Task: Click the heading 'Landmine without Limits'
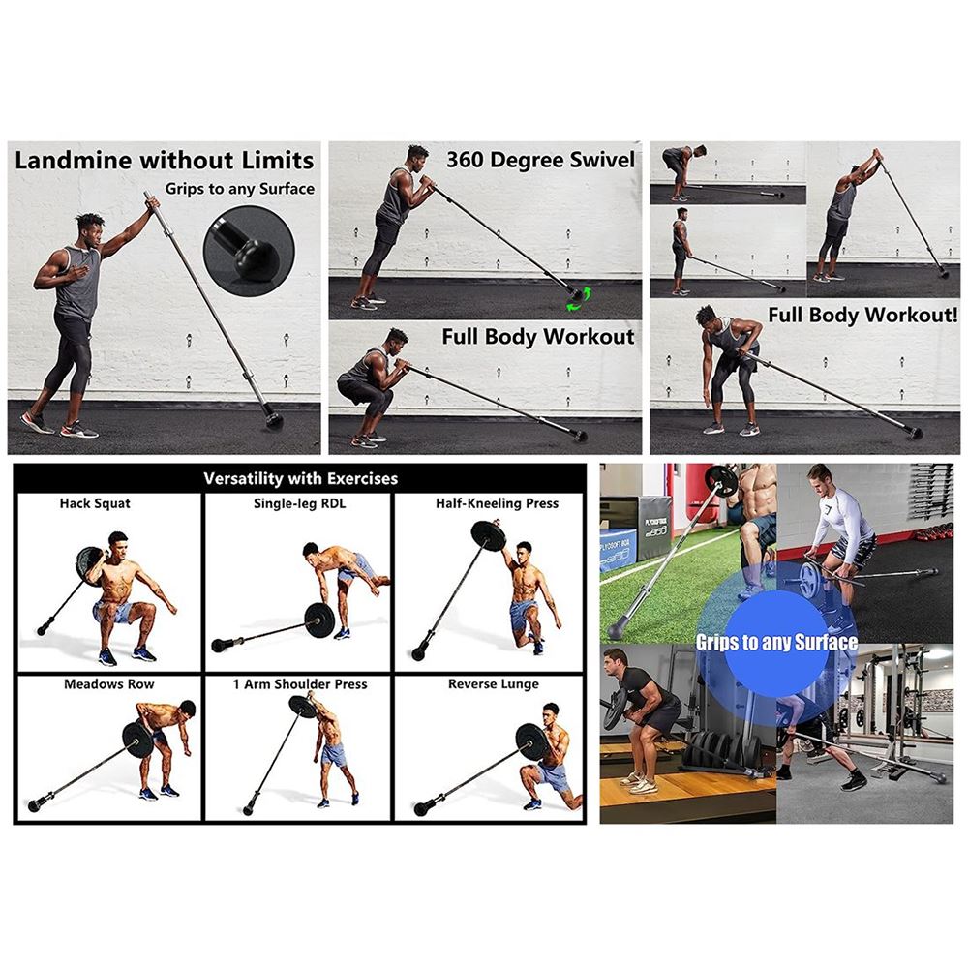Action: click(x=165, y=161)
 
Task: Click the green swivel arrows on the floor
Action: click(x=579, y=299)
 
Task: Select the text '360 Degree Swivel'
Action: click(x=540, y=160)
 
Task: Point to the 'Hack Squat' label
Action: click(x=95, y=503)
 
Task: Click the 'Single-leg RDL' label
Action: click(x=299, y=503)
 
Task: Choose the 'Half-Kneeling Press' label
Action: click(x=497, y=503)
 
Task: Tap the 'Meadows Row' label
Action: click(x=109, y=684)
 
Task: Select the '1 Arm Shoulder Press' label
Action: click(x=300, y=684)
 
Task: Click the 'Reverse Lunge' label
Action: click(x=494, y=684)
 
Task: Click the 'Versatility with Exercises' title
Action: click(x=301, y=478)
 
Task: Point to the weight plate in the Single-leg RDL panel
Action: click(x=319, y=620)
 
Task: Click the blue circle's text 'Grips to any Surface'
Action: click(x=776, y=643)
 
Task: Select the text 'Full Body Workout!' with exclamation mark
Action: click(x=862, y=315)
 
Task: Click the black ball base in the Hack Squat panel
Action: click(x=44, y=629)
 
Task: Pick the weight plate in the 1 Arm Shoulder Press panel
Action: click(x=302, y=707)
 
